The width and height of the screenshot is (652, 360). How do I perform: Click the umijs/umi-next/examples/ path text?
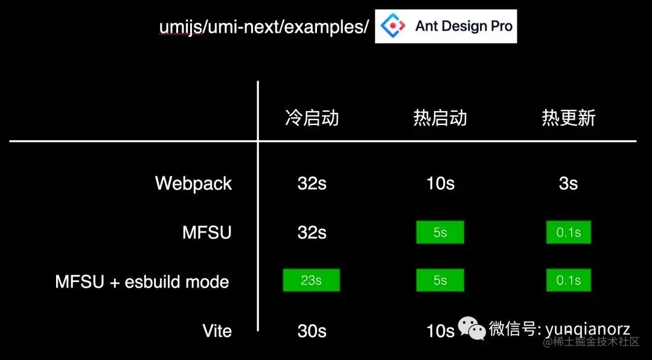(264, 27)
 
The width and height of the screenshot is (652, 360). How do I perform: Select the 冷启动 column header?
(312, 118)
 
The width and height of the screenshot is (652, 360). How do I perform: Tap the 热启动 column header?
(440, 118)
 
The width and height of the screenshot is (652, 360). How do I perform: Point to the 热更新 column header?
(568, 118)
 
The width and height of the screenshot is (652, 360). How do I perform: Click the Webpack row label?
(193, 184)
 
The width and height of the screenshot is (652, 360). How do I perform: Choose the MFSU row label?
(206, 233)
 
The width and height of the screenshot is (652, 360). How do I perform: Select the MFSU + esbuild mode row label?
(142, 281)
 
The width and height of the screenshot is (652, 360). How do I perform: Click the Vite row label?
(217, 331)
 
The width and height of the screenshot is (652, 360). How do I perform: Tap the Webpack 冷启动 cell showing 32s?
(312, 184)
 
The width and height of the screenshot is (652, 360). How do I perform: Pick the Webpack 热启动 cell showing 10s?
(440, 184)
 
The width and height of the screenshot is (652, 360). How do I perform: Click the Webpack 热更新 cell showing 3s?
(568, 184)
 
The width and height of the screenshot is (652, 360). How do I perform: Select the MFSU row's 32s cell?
(312, 233)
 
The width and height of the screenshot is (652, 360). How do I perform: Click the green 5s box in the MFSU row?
(440, 232)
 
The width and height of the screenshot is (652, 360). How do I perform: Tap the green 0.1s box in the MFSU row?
(568, 232)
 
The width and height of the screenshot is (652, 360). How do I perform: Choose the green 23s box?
(312, 280)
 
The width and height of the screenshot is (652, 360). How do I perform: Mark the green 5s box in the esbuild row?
(440, 280)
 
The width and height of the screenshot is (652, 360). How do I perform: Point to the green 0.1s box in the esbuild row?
(568, 280)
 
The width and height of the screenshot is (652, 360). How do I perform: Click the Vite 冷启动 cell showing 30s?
(312, 331)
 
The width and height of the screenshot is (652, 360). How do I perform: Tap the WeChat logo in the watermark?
(471, 328)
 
